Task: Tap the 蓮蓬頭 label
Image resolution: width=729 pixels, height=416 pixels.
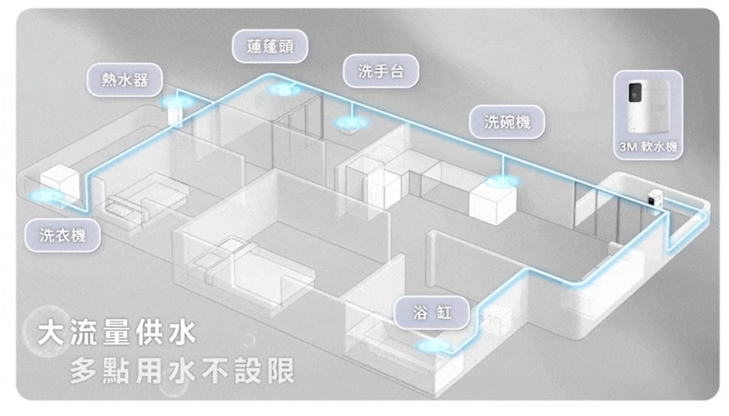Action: click(269, 48)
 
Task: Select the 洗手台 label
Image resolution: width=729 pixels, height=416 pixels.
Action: click(380, 71)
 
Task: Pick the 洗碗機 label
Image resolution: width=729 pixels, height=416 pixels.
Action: click(507, 122)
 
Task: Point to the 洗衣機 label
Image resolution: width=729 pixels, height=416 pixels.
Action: click(62, 236)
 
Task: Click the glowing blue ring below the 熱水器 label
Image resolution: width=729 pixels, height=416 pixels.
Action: click(176, 102)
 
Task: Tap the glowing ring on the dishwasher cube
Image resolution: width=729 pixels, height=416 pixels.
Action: click(500, 181)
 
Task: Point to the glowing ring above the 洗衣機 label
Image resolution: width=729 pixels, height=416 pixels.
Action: click(49, 197)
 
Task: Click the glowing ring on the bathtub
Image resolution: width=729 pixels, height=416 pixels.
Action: click(434, 346)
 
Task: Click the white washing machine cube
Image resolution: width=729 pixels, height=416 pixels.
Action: click(59, 181)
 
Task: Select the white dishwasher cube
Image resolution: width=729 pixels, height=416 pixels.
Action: click(492, 197)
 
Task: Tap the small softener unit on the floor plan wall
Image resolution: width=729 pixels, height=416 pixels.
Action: click(655, 200)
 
